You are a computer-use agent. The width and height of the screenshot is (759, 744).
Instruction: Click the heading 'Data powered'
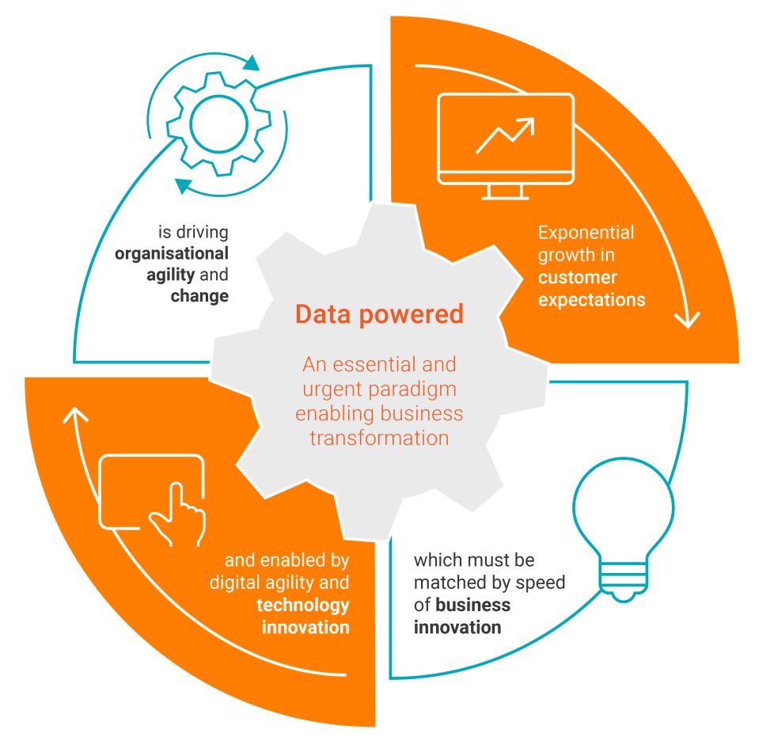coord(378,314)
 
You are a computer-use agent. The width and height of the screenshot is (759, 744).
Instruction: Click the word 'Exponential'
coord(586,233)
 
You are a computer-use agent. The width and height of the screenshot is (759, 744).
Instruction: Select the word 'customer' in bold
coord(578,278)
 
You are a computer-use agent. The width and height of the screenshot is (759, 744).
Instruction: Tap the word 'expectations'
coord(591,300)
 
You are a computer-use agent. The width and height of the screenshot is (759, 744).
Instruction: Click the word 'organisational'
coord(172,254)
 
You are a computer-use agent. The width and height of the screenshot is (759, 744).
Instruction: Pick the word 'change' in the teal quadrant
coord(199,297)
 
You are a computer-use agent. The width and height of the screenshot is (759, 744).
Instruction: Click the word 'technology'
coord(302,605)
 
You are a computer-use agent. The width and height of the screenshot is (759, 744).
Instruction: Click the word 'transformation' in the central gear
coord(379,437)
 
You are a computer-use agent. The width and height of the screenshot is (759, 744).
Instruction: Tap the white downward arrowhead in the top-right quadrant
coord(686,320)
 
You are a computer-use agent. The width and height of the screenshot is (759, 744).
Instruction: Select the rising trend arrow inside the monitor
coord(505,135)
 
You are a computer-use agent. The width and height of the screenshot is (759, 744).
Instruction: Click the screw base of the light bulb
coord(624,583)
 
